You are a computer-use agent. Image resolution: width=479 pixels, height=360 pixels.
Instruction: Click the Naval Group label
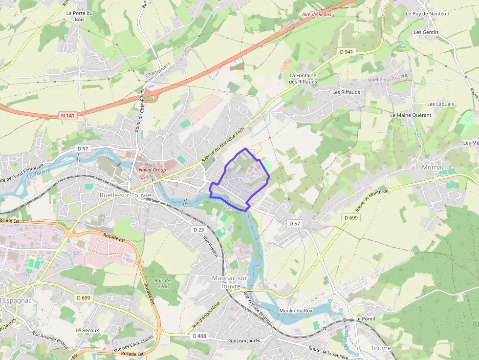point(152,169)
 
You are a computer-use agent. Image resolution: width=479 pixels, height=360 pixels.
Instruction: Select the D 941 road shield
point(347,51)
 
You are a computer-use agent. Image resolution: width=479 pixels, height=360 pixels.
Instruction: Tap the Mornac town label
point(433,167)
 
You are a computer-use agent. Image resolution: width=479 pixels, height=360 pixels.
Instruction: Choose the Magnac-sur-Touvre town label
point(231,282)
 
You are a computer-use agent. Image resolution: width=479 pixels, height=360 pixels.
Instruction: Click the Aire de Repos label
point(317,15)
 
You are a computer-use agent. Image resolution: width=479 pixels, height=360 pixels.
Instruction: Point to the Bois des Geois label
point(163,283)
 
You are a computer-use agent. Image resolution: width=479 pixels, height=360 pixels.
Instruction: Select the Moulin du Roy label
point(295,311)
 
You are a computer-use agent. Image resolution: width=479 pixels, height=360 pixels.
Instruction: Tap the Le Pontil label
point(365,318)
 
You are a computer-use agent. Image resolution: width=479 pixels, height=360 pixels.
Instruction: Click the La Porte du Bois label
point(79,16)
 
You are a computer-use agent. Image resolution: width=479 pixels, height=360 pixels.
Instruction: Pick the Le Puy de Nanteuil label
point(427,14)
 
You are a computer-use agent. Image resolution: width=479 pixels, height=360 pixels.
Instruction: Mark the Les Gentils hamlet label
point(426,32)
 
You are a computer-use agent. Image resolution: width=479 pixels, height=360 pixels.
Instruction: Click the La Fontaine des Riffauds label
point(303,79)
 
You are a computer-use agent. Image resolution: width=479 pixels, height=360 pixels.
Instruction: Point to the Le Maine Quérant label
point(411,115)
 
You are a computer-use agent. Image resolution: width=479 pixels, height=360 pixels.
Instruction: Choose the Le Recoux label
point(87,330)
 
